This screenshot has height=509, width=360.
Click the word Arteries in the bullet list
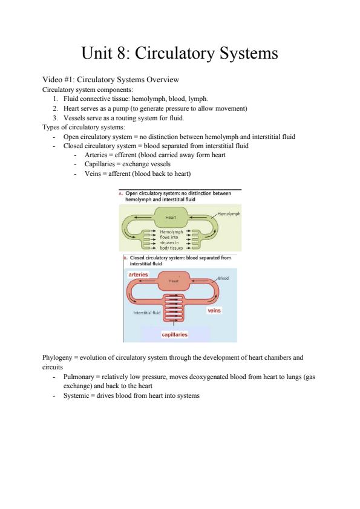coord(96,155)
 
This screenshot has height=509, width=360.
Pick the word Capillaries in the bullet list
coord(100,164)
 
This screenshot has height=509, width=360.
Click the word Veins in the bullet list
coord(93,173)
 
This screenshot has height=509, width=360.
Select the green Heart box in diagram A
coord(170,217)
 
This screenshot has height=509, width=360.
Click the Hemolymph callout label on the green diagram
coord(229,213)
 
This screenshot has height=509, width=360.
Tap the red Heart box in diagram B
coord(173,280)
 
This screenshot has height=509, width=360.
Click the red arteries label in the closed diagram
coord(138,274)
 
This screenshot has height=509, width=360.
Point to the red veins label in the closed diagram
coord(214,311)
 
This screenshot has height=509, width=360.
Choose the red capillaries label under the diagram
coord(174,334)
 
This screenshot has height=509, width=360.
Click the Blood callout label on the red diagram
coord(223,278)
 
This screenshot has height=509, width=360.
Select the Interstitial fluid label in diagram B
coord(147,313)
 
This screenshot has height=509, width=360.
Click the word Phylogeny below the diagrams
coord(57,358)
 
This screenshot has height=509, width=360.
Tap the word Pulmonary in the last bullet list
coord(79,377)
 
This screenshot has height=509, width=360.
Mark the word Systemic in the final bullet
coord(76,396)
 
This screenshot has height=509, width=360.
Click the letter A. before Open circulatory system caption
coord(121,193)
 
